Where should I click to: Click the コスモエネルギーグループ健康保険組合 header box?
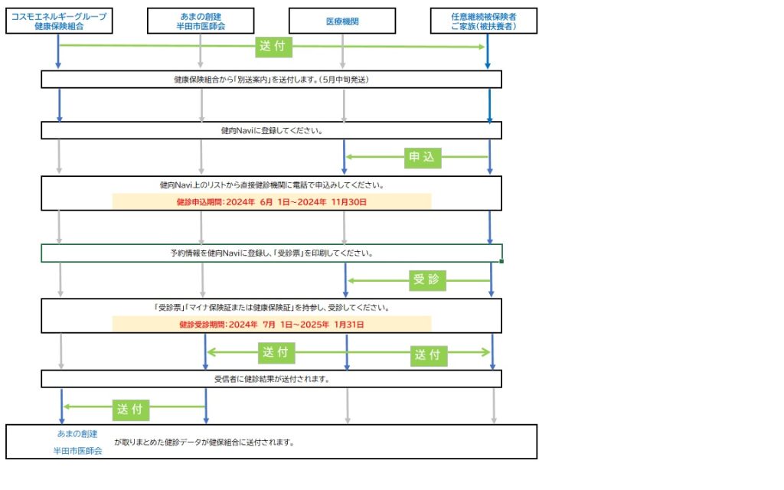(58, 21)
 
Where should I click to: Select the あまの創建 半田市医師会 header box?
(200, 21)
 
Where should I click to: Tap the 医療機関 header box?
(342, 21)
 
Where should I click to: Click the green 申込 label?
(421, 158)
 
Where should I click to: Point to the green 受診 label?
(429, 279)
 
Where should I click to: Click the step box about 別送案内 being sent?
(272, 80)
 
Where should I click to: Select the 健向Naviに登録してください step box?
(272, 130)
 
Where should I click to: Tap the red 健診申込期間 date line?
(272, 202)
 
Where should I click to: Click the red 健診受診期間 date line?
(272, 324)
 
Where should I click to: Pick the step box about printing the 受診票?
(272, 253)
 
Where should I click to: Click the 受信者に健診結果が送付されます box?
(272, 378)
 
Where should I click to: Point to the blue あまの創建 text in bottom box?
(77, 434)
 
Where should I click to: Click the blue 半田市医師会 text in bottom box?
(77, 451)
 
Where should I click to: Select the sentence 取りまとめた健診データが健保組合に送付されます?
(204, 443)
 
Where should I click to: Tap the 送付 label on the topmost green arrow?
(273, 47)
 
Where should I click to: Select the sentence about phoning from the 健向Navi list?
(272, 185)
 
